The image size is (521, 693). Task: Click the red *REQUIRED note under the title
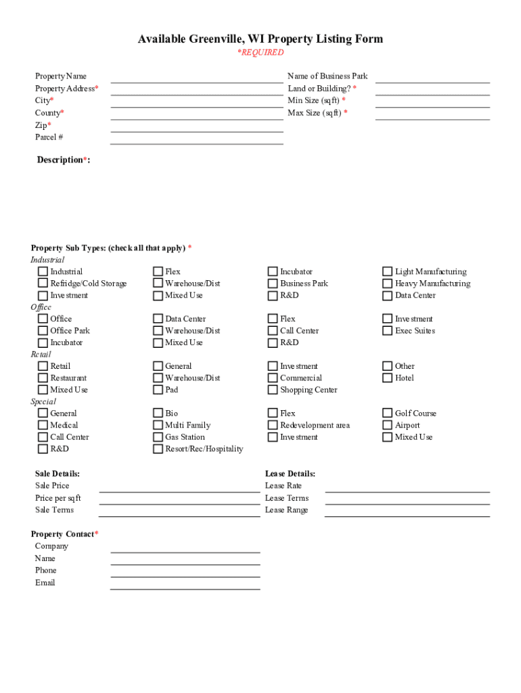260,53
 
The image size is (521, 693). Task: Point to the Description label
63,160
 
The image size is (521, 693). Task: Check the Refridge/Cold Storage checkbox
43,284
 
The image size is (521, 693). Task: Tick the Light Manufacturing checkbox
388,271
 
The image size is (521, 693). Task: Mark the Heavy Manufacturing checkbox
388,284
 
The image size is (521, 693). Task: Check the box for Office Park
43,331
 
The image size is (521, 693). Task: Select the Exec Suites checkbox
388,331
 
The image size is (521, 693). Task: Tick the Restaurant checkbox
43,378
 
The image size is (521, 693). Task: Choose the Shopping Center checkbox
273,390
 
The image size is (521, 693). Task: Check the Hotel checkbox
388,378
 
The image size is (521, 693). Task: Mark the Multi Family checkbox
158,426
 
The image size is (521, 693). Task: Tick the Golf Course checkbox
388,413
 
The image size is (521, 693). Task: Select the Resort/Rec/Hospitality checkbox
158,449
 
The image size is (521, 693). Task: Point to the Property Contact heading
66,535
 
